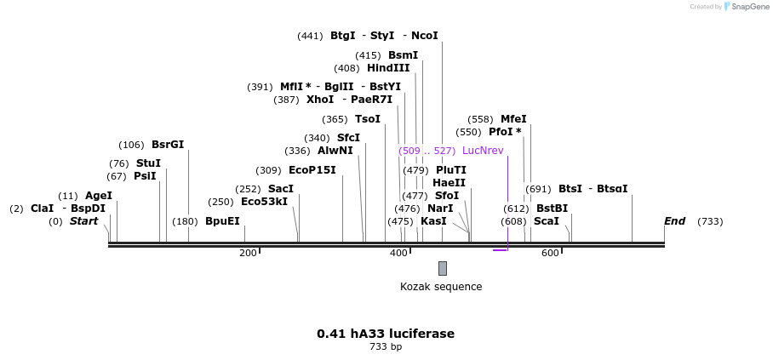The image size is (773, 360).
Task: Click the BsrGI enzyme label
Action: pos(168,145)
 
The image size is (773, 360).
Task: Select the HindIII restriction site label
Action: pos(388,68)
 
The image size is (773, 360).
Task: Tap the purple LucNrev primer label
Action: pos(483,151)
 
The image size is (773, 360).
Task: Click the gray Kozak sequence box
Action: pos(443,268)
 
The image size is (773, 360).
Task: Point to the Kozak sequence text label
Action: pos(441,287)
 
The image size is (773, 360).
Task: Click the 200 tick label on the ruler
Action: pos(248,253)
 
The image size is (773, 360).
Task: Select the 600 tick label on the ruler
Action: pos(550,253)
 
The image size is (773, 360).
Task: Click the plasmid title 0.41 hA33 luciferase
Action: pos(386,334)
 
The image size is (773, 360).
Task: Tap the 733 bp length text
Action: pos(386,347)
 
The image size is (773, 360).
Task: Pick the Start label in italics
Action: pos(83,221)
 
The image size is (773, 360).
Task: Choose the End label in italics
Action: pos(674,221)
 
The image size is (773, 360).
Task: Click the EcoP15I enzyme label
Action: pos(312,170)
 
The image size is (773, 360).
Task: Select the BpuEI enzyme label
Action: pos(223,221)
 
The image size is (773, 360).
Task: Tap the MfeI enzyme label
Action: pos(513,119)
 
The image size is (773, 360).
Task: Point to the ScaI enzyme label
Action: pos(547,221)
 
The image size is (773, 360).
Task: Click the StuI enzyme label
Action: pos(148,163)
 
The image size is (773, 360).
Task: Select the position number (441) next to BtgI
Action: pos(310,36)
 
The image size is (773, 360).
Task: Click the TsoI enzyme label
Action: pos(368,119)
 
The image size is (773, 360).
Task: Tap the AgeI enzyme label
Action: pos(99,196)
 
